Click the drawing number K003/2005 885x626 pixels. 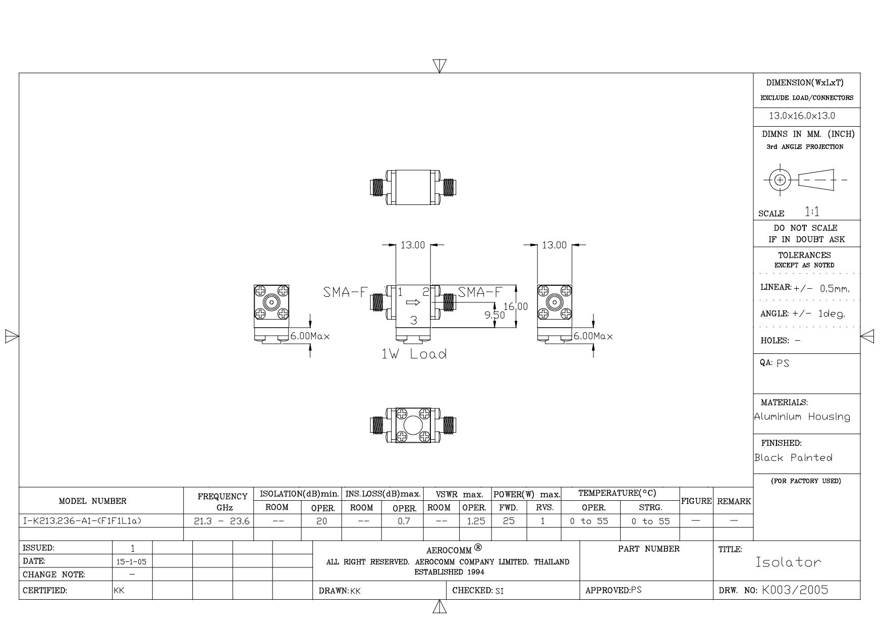pyautogui.click(x=795, y=590)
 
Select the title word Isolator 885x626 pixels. pyautogui.click(x=788, y=562)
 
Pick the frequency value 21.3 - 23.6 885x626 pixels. pyautogui.click(x=222, y=521)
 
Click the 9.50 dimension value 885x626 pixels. pyautogui.click(x=494, y=315)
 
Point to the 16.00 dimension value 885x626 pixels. pyautogui.click(x=516, y=306)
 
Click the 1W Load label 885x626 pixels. pyautogui.click(x=414, y=354)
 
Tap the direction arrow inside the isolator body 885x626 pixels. pyautogui.click(x=413, y=303)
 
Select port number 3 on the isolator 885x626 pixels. pyautogui.click(x=414, y=320)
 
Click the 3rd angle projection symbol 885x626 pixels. pyautogui.click(x=805, y=180)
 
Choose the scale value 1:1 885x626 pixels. pyautogui.click(x=812, y=212)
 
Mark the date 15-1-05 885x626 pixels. pyautogui.click(x=132, y=561)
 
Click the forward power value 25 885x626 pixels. pyautogui.click(x=509, y=521)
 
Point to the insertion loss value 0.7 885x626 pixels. pyautogui.click(x=404, y=521)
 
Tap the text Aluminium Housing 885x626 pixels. pyautogui.click(x=802, y=417)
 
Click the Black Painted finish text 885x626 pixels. pyautogui.click(x=794, y=458)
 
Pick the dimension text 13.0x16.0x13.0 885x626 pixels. pyautogui.click(x=802, y=116)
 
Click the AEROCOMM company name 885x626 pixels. pyautogui.click(x=449, y=550)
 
